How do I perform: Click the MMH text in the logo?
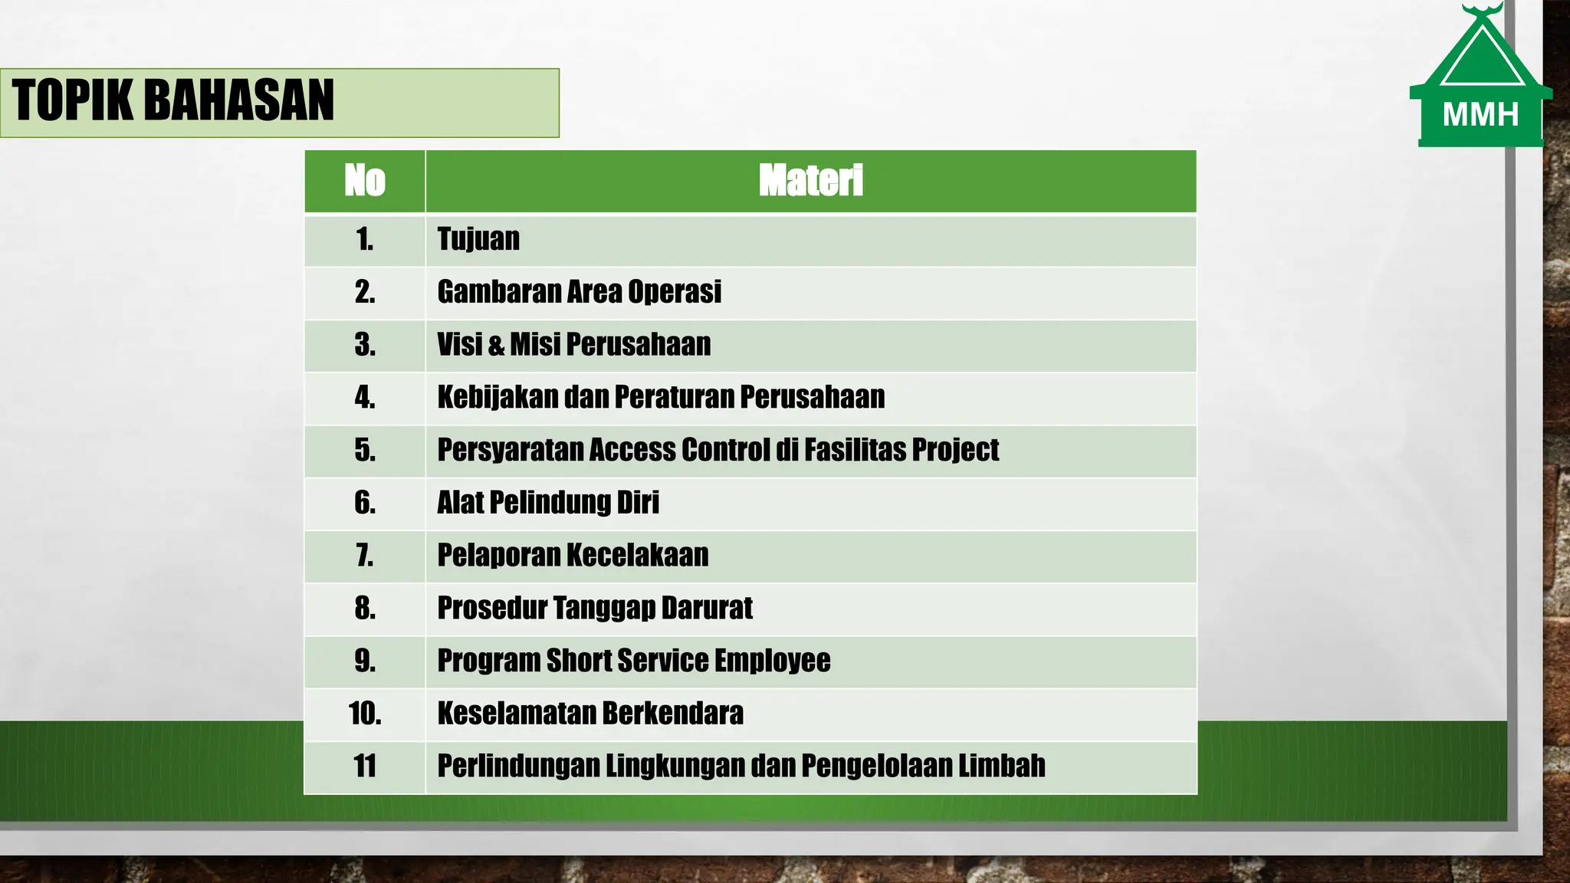coord(1480,115)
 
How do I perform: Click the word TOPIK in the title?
coord(73,100)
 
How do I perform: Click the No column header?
coord(365,181)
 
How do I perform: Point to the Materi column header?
coord(810,181)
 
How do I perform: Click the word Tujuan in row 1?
coord(478,239)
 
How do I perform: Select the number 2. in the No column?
coord(365,292)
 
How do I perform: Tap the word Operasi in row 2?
coord(675,292)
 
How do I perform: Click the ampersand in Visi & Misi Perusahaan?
coord(496,346)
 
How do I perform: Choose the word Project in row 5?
coord(960,450)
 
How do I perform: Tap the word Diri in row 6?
coord(638,503)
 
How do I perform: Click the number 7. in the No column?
coord(365,555)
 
